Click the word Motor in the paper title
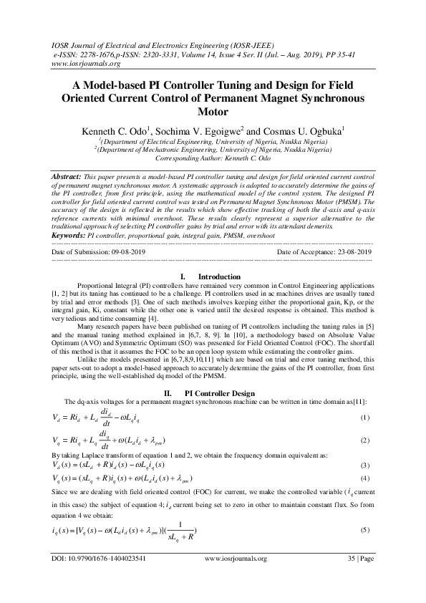click(x=213, y=112)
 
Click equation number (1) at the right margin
click(x=364, y=418)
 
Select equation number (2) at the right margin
click(x=364, y=440)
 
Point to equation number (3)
click(x=364, y=465)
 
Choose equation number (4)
click(x=364, y=477)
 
